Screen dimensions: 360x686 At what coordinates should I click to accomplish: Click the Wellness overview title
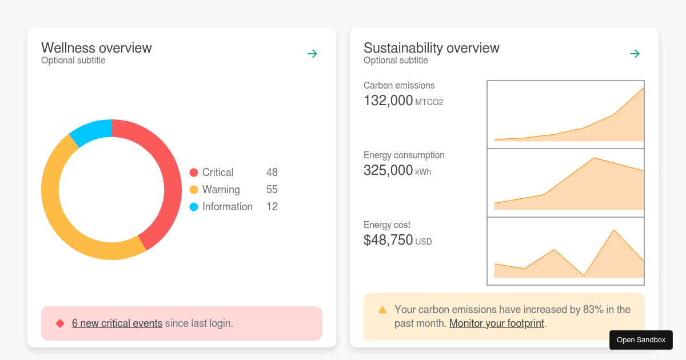click(x=97, y=48)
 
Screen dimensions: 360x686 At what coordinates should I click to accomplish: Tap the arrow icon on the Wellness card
click(x=312, y=54)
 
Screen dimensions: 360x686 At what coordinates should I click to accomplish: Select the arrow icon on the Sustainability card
click(x=635, y=54)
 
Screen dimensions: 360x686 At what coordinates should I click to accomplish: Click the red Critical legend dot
click(x=194, y=173)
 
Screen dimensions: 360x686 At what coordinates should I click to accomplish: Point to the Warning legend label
click(x=221, y=190)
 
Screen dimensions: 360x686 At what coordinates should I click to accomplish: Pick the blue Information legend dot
click(x=194, y=207)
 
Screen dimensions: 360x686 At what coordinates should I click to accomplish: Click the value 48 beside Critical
click(x=272, y=173)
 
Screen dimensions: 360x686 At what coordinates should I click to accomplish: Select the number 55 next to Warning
click(x=272, y=190)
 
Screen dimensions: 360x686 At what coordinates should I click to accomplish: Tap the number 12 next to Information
click(x=272, y=207)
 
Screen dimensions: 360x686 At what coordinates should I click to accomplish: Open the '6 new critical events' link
click(x=117, y=323)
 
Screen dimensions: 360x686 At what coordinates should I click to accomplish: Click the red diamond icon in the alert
click(x=60, y=323)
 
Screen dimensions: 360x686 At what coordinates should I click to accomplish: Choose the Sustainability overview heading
click(x=432, y=48)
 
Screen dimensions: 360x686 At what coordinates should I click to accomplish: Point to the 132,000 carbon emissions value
click(x=388, y=101)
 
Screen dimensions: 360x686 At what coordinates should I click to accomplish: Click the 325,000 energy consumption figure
click(x=388, y=170)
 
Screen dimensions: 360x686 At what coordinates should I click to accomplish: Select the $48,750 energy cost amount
click(x=388, y=240)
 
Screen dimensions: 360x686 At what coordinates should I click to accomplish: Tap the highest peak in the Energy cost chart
click(x=614, y=230)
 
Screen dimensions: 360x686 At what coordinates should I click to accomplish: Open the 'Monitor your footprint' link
click(x=497, y=323)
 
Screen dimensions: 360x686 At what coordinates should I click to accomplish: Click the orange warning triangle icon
click(x=382, y=310)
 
